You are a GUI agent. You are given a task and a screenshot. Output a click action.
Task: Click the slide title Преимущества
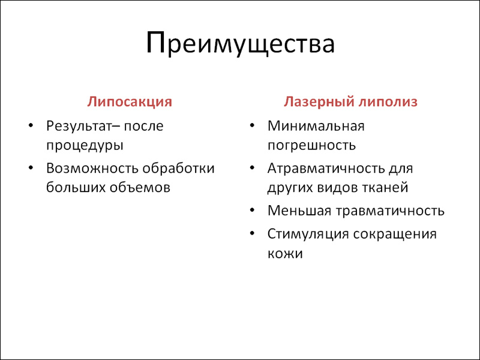tap(241, 44)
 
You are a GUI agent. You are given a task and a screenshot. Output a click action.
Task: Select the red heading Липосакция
tap(130, 102)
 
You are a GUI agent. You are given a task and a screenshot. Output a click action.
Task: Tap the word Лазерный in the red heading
tap(318, 102)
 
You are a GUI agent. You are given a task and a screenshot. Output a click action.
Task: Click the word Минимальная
tap(316, 126)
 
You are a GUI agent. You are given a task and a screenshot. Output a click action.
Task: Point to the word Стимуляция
tap(308, 235)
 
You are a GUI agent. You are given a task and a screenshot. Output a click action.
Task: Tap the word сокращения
tap(395, 235)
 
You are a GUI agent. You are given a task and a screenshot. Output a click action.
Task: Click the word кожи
tap(285, 254)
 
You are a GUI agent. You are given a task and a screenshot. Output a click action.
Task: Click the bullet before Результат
tap(31, 125)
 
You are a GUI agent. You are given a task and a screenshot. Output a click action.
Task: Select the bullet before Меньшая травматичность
tap(252, 210)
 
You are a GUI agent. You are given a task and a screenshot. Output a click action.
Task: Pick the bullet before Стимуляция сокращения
tap(252, 233)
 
